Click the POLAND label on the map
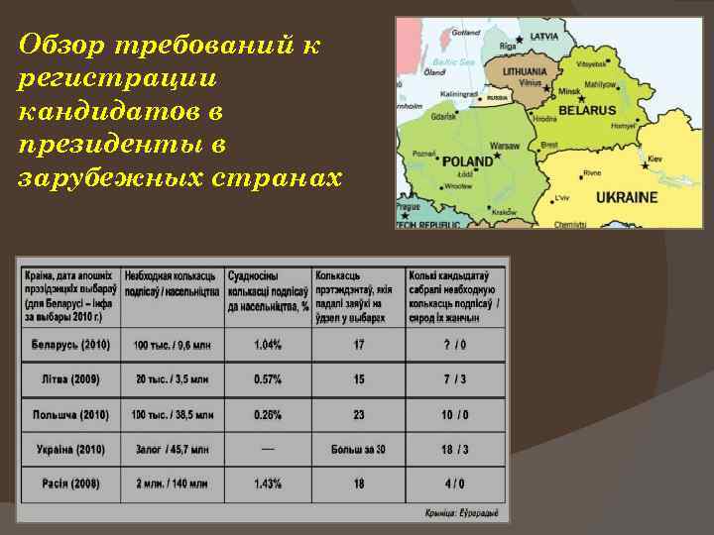coord(466,160)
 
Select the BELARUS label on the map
coord(587,111)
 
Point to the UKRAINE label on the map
coord(626,197)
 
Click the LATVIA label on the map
coord(544,36)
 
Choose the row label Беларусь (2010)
coord(70,345)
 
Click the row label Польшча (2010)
coord(70,414)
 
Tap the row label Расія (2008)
coord(70,483)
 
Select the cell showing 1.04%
coord(268,345)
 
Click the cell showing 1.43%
coord(268,483)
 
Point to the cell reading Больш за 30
coord(358,450)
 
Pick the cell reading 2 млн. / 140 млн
coord(172,483)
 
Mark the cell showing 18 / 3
coord(455,450)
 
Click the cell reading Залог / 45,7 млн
coord(172,450)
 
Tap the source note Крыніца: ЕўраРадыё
coord(461,512)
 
